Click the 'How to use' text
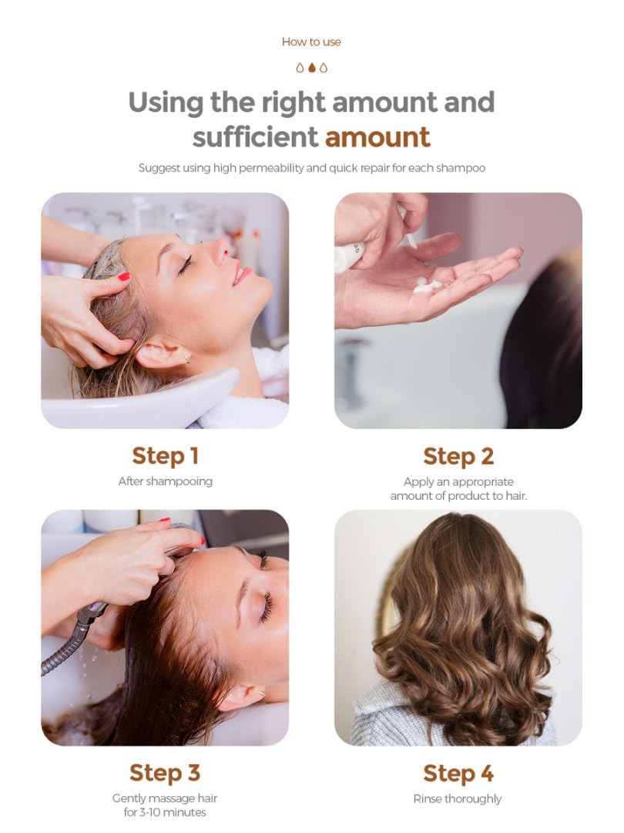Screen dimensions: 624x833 (311, 42)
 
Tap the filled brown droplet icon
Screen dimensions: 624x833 (312, 67)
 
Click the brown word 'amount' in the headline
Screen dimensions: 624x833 (377, 137)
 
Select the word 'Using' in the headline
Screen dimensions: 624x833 (166, 103)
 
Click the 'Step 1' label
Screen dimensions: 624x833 (165, 457)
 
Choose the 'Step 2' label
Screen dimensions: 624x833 (458, 457)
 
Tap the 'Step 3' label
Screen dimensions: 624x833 (165, 773)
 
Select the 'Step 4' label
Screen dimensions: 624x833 (458, 774)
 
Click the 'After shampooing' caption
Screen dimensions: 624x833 (165, 481)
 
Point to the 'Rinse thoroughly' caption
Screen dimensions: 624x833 (458, 799)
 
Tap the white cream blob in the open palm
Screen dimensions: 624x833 (427, 285)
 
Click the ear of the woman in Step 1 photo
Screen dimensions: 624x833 (163, 354)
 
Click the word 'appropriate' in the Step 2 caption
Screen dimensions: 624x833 (482, 482)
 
